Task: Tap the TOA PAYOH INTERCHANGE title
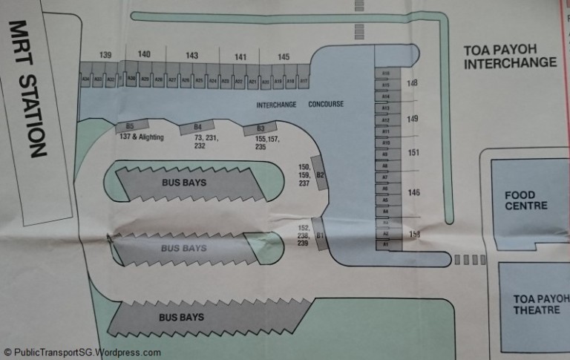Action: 510,56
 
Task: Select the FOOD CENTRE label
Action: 526,200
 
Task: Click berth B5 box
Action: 129,127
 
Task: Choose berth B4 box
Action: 197,127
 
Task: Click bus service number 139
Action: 105,56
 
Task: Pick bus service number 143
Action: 192,56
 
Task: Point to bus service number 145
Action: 284,57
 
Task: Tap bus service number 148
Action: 413,83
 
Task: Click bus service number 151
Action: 413,152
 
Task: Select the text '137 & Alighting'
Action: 140,138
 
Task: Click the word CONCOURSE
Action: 326,105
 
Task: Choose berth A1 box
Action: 385,244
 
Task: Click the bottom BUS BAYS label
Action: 181,318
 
